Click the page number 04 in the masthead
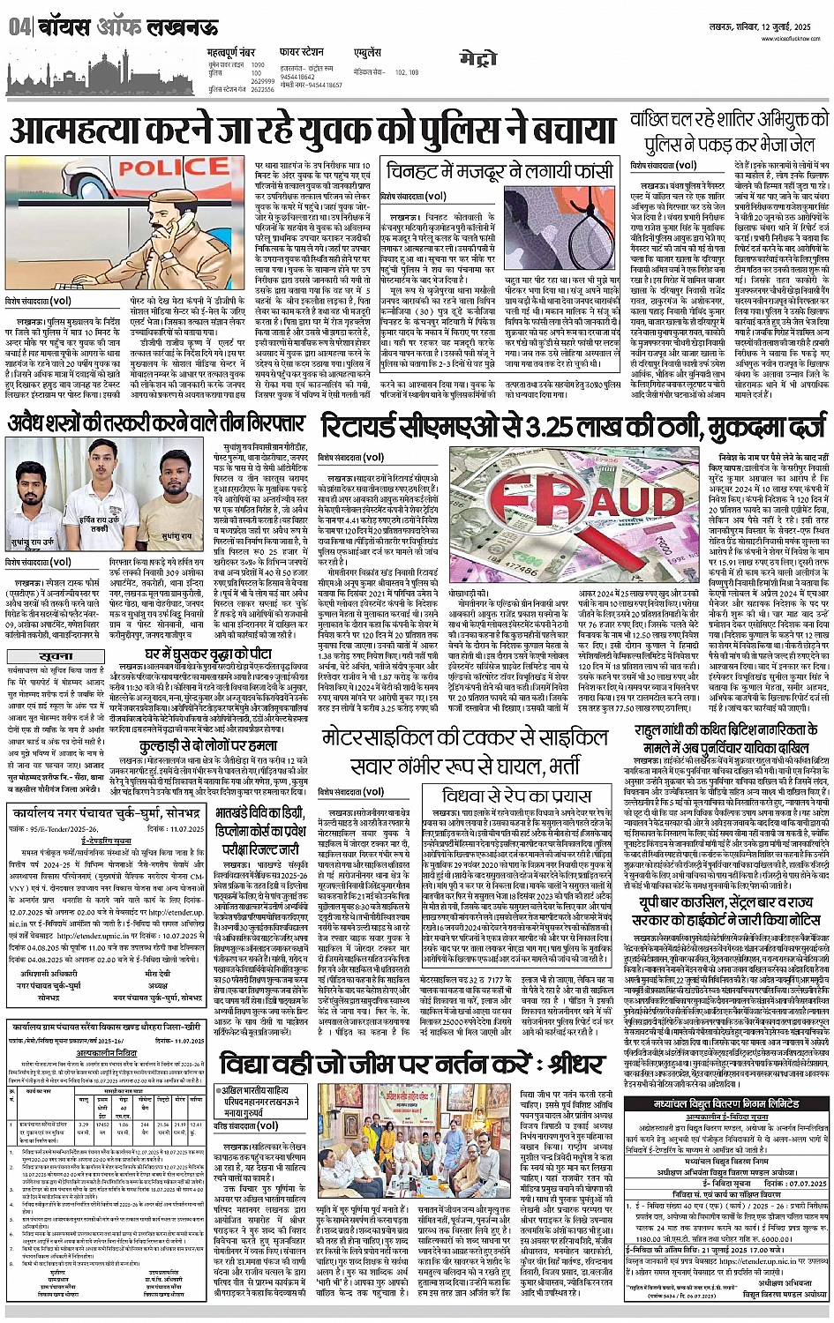tap(19, 27)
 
